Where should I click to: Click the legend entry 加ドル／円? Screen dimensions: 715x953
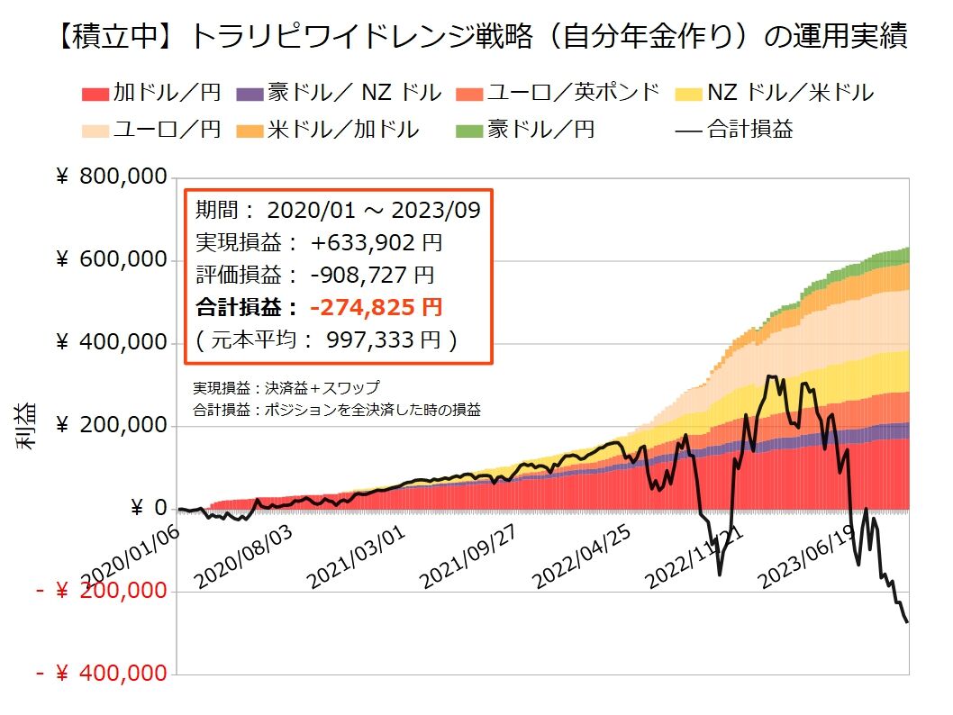(152, 92)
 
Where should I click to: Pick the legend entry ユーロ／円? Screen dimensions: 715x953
(152, 129)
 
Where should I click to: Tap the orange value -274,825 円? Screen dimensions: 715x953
(376, 308)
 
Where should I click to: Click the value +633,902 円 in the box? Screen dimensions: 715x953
(377, 243)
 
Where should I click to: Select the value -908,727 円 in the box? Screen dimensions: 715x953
(373, 275)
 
